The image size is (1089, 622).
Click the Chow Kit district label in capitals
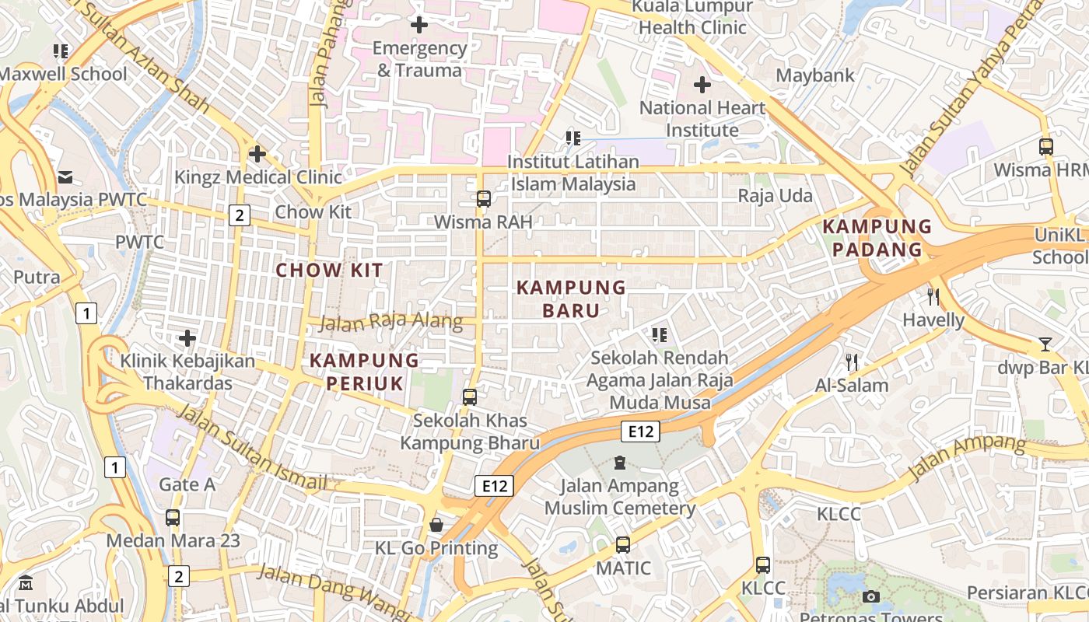coord(330,271)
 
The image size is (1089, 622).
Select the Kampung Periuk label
coord(364,372)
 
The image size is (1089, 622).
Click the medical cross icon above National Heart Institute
coord(702,85)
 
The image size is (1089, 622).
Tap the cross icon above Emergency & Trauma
coord(419,25)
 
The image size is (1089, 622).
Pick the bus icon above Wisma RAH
coord(484,199)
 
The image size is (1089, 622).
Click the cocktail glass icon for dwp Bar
coord(1045,344)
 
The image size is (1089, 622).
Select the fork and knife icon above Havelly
coord(933,296)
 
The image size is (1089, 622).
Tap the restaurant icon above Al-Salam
coord(852,362)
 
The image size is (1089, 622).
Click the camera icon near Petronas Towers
coord(871,596)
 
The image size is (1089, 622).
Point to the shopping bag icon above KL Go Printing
coord(436,525)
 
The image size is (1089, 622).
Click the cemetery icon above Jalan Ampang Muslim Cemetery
coord(620,463)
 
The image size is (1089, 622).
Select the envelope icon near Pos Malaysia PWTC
coord(65,177)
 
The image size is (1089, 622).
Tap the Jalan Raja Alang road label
coord(390,323)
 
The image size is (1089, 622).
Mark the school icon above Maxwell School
coord(61,51)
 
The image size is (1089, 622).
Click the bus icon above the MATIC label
coord(623,545)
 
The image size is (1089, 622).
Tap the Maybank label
coord(815,75)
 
